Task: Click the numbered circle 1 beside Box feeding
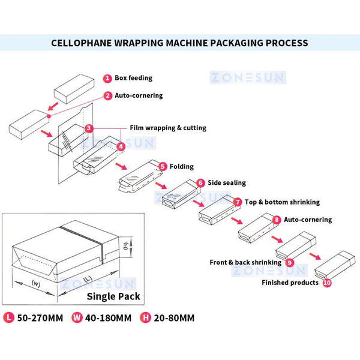tap(107, 78)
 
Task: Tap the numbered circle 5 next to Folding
tap(162, 166)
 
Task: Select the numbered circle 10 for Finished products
tap(326, 282)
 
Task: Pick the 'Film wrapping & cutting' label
tap(168, 128)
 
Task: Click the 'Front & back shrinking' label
tap(245, 262)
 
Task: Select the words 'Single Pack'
tap(113, 296)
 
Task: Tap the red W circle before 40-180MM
tap(77, 317)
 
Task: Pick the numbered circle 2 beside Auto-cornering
tap(107, 95)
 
